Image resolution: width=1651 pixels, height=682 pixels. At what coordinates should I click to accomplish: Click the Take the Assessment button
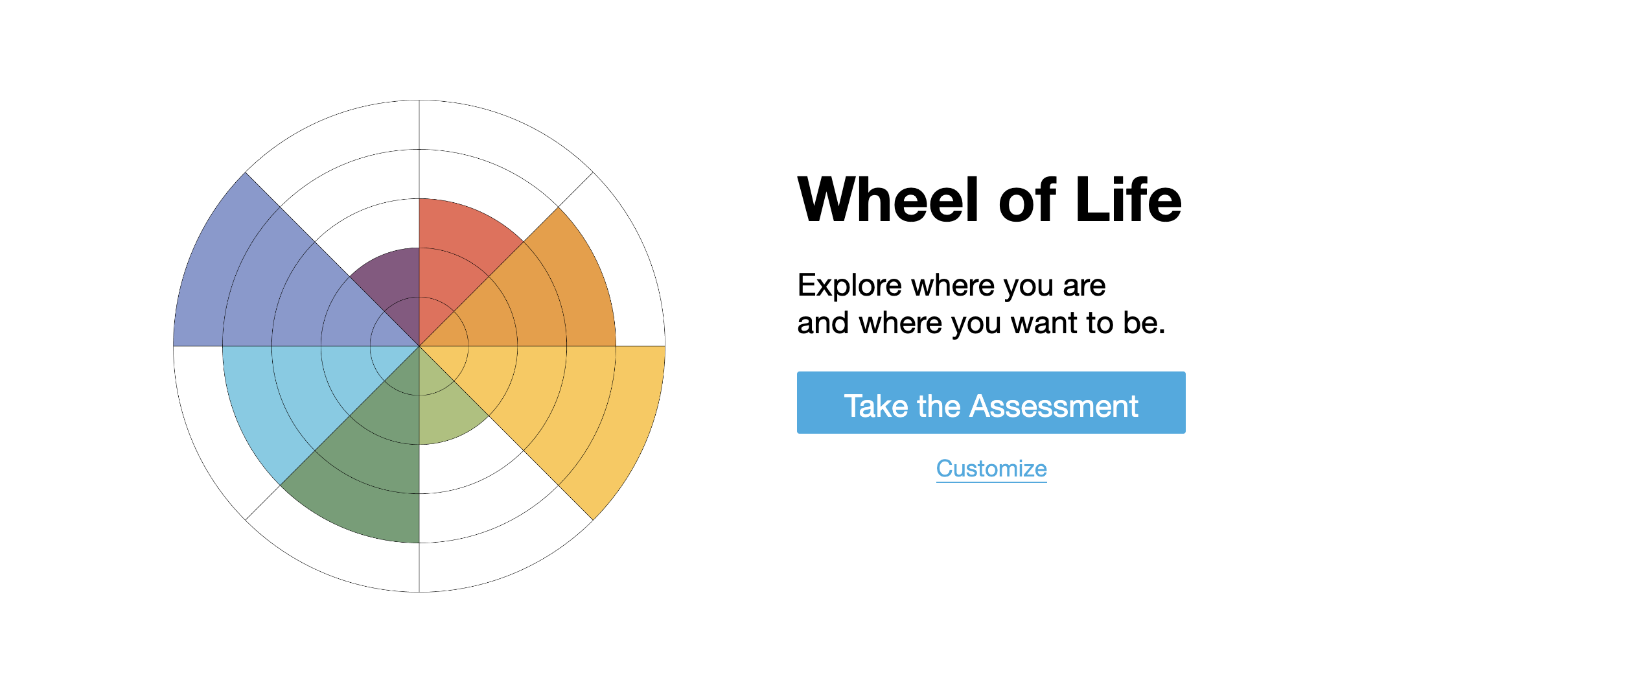click(x=991, y=403)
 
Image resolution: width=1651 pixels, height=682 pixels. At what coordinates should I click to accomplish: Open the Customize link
click(x=991, y=468)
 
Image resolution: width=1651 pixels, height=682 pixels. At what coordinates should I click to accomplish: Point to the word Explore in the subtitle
click(x=849, y=286)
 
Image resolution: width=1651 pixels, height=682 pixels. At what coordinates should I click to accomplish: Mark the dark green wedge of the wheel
click(x=369, y=473)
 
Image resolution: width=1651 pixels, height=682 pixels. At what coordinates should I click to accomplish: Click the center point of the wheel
click(x=419, y=346)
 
